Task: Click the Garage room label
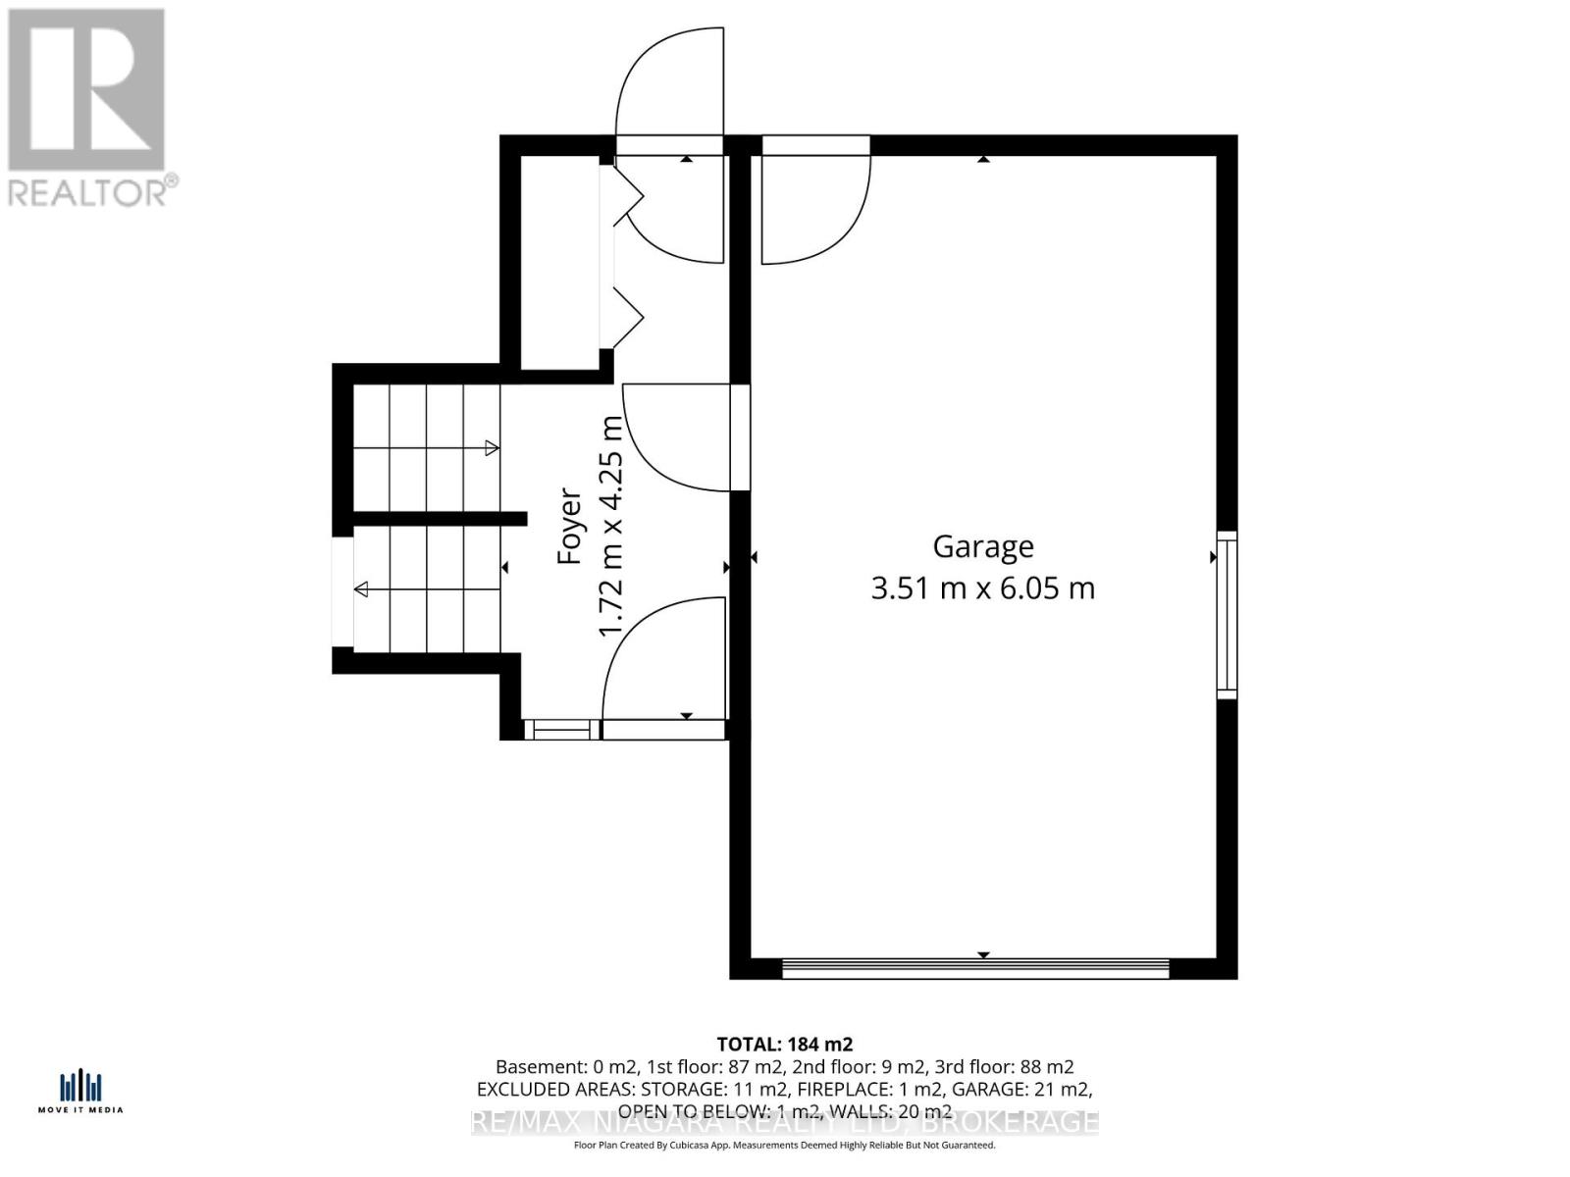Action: [982, 546]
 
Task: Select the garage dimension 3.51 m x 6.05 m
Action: [982, 588]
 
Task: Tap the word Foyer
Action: [570, 528]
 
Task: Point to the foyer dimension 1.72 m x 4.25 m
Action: [611, 527]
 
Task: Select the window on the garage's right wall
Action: [1227, 615]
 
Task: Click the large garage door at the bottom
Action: [975, 968]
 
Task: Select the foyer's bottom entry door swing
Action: [663, 659]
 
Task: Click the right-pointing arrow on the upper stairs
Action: [492, 448]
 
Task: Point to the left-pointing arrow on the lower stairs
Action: [361, 589]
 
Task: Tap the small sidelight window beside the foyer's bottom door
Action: [561, 730]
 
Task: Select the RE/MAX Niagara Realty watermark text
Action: [785, 1122]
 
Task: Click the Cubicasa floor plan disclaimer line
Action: [785, 1145]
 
